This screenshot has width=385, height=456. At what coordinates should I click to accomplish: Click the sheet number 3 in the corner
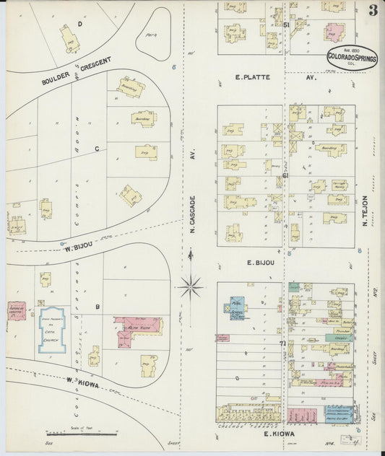pos(372,10)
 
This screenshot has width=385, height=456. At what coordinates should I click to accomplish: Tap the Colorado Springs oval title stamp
pos(352,57)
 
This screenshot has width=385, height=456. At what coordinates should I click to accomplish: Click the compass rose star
pos(191,286)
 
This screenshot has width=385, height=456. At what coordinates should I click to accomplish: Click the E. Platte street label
pos(252,76)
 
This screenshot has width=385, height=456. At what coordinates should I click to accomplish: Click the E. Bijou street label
pos(260,263)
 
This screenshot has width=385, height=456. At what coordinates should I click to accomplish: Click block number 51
pos(286,25)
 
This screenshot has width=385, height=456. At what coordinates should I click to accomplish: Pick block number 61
pos(286,175)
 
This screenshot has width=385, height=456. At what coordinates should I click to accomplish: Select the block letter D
pos(79,24)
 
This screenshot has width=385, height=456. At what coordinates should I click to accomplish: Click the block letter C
pos(96,149)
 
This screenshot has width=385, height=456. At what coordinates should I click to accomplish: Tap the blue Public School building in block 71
pos(238,307)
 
